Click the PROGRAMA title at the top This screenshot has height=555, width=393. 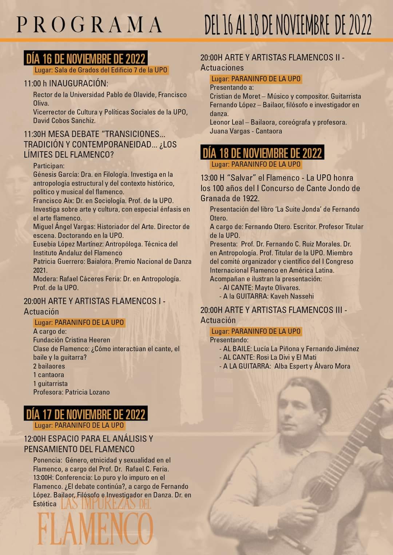coord(90,25)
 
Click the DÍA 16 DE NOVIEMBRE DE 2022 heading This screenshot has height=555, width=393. coord(86,58)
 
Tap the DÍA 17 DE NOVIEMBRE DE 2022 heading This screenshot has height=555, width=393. coord(86,414)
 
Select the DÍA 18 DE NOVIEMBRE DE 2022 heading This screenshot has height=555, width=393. coord(262,153)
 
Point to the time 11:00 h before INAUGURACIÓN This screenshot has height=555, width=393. coord(35,84)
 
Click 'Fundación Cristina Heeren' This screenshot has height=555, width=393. coord(72,340)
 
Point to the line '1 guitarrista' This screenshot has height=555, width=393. coord(50,384)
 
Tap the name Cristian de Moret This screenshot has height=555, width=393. coord(235,96)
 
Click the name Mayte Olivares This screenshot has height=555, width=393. coord(277,288)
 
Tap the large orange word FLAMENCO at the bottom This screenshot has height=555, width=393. coord(95,529)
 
